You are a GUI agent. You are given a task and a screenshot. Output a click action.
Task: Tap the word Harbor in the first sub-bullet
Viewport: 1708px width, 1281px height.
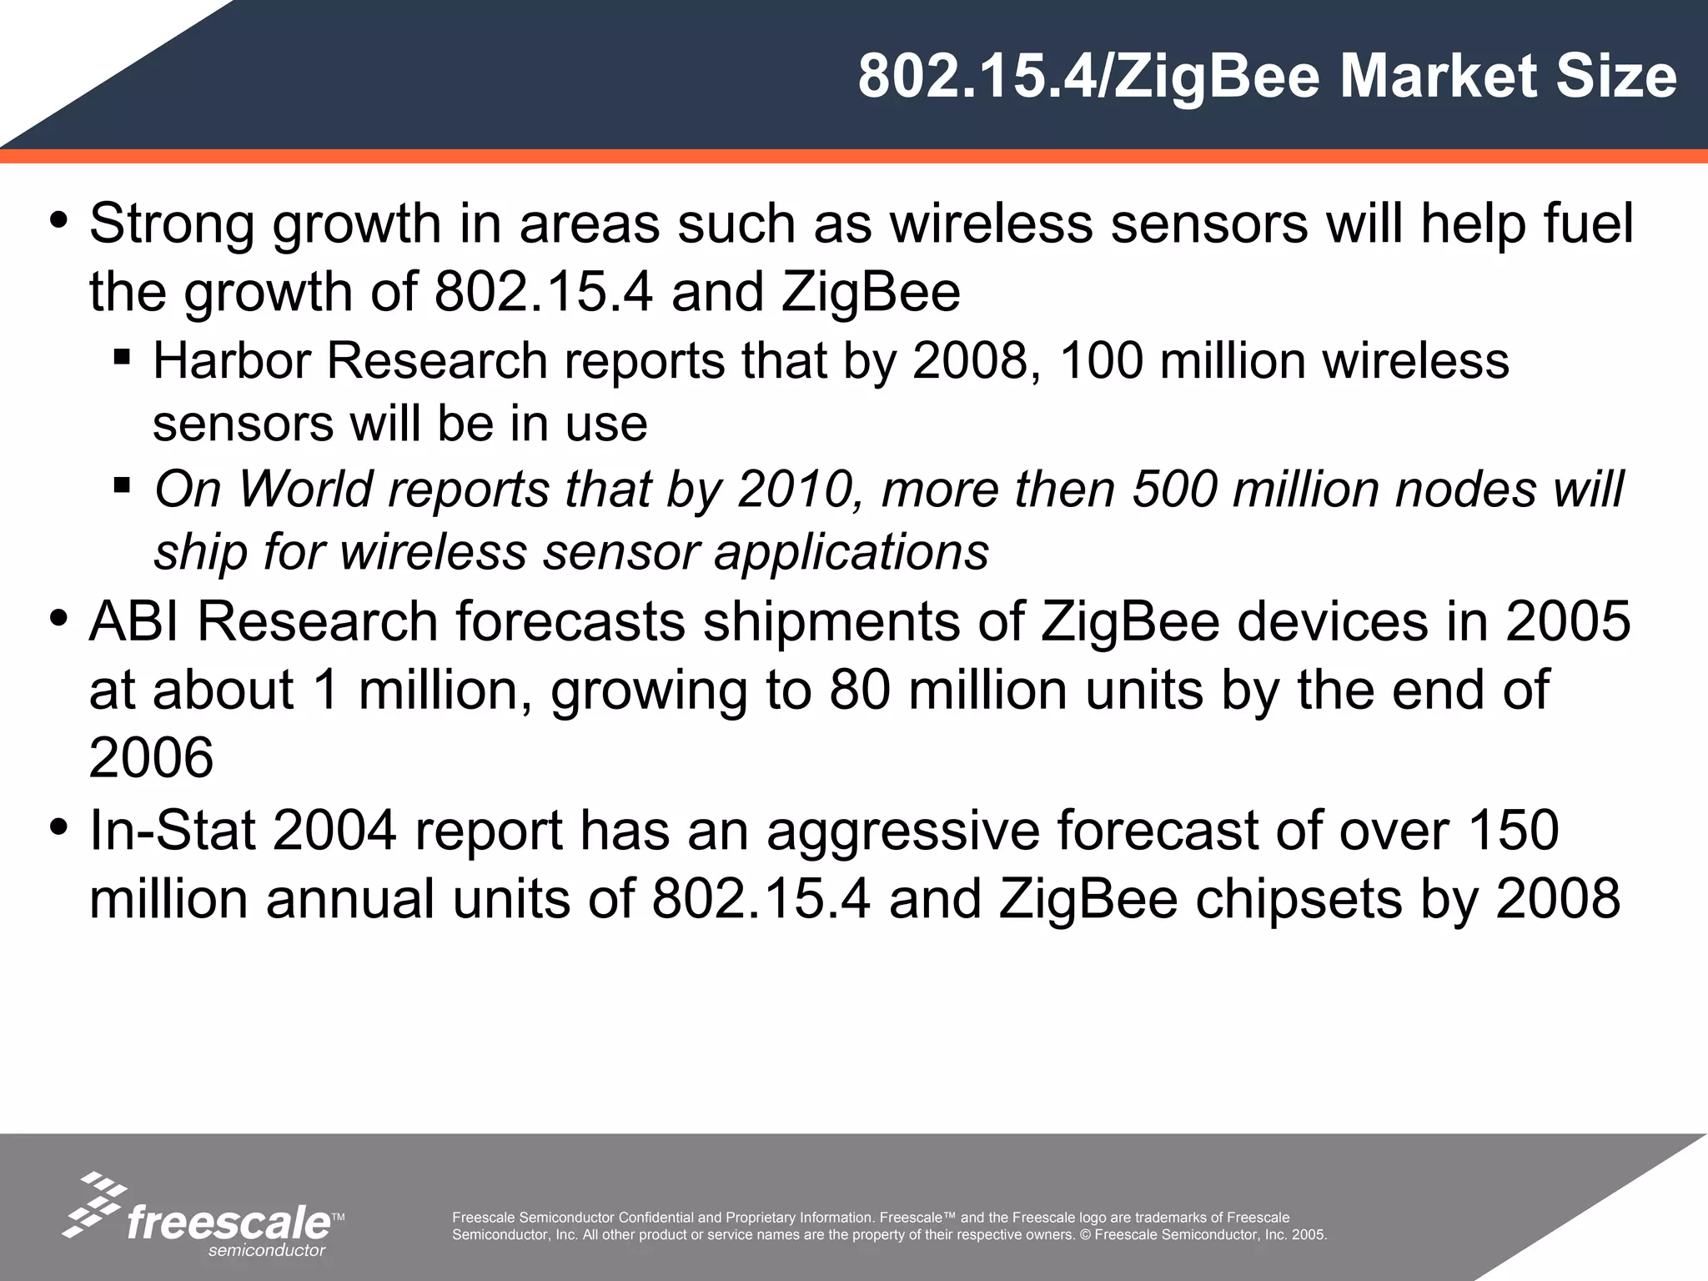231,361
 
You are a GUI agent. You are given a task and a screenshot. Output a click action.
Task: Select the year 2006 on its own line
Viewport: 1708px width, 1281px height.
151,758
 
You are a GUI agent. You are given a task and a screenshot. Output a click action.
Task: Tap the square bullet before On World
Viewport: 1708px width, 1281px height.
122,485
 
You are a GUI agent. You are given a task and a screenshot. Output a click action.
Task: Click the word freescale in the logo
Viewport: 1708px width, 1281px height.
229,1223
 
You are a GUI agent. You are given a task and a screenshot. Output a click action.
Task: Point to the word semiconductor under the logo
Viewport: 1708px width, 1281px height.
266,1250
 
